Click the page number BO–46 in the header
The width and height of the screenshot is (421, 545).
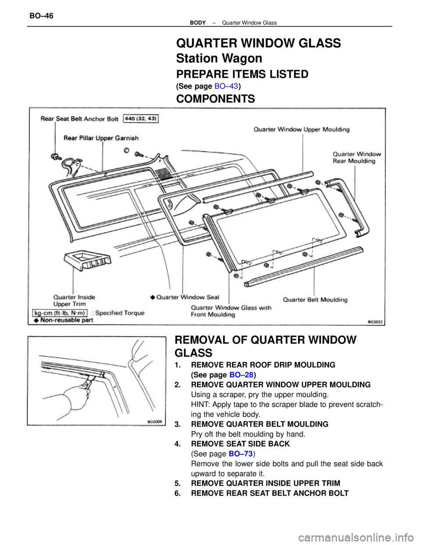(41, 16)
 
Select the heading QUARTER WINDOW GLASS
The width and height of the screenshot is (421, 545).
(258, 43)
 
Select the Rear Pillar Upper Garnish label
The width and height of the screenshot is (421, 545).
(101, 138)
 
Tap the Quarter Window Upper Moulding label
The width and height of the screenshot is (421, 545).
(302, 129)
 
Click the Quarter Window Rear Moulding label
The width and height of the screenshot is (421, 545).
(357, 158)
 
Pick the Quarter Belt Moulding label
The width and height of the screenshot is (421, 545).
(315, 300)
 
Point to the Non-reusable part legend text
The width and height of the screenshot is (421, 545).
(66, 320)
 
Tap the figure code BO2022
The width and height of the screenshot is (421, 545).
(375, 322)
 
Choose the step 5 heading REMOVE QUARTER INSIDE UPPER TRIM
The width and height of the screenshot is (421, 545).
(265, 483)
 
